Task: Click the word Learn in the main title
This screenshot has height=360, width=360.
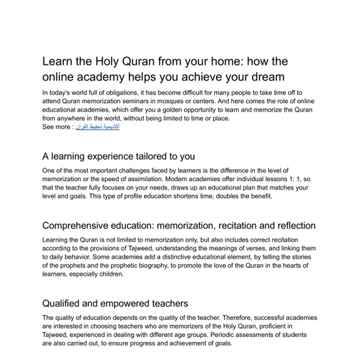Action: tap(56, 61)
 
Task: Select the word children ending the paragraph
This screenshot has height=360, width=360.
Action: tap(108, 274)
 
